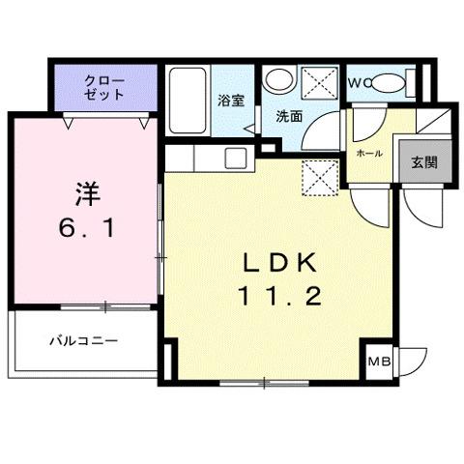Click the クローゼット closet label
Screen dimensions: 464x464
[104, 87]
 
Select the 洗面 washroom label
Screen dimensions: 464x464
[288, 116]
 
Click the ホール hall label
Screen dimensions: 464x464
[368, 154]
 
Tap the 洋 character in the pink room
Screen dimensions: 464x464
[85, 190]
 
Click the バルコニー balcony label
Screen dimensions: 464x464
[84, 341]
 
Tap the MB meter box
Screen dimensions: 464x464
[379, 363]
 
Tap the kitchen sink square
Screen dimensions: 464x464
[237, 158]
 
